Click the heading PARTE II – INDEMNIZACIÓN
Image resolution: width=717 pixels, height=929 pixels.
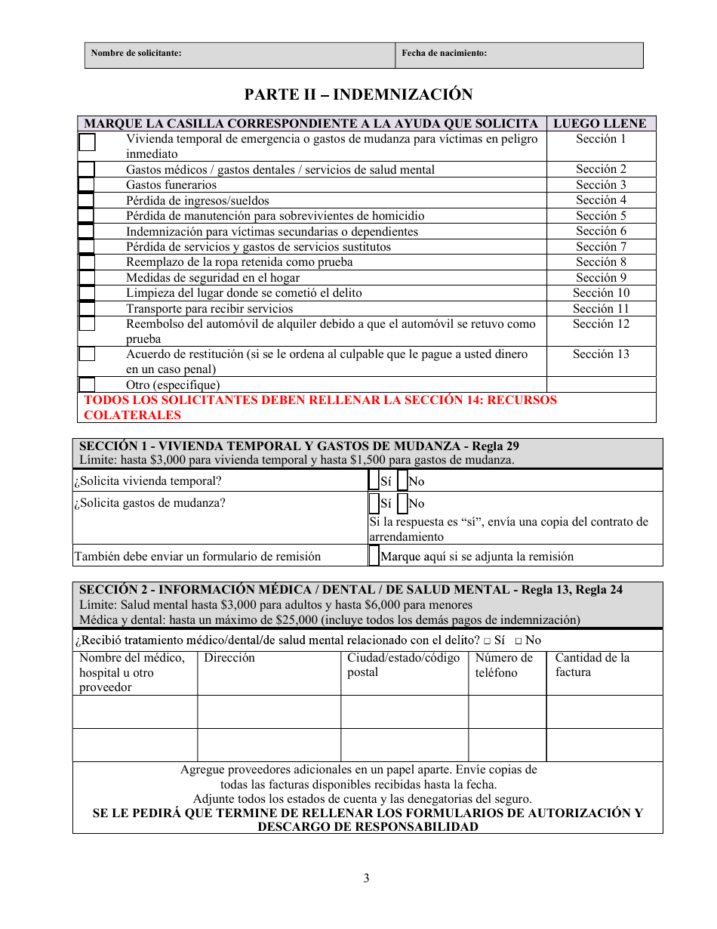point(358,94)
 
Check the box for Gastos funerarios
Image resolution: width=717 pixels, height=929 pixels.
point(87,184)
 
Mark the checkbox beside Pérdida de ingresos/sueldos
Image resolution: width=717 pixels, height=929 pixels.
point(87,200)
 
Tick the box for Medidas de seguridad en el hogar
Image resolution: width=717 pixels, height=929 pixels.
point(87,277)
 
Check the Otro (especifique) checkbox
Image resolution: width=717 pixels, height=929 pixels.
point(87,384)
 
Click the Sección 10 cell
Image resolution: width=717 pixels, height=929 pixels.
point(601,293)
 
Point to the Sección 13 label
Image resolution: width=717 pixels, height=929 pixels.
point(601,354)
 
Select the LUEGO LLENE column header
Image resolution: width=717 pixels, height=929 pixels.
point(600,124)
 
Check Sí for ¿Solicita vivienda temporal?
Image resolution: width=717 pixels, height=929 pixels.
point(374,480)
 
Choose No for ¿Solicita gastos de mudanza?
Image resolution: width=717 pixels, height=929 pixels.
point(402,503)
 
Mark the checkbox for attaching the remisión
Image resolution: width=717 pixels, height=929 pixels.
point(374,556)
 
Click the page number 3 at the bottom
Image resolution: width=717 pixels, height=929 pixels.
point(366,878)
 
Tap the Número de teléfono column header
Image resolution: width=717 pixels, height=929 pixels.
point(504,665)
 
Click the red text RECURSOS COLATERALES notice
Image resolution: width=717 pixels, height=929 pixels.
point(320,407)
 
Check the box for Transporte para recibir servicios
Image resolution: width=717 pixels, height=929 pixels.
point(87,308)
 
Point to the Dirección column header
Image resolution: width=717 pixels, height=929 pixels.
point(229,658)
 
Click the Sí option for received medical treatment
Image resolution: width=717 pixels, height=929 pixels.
point(488,641)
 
